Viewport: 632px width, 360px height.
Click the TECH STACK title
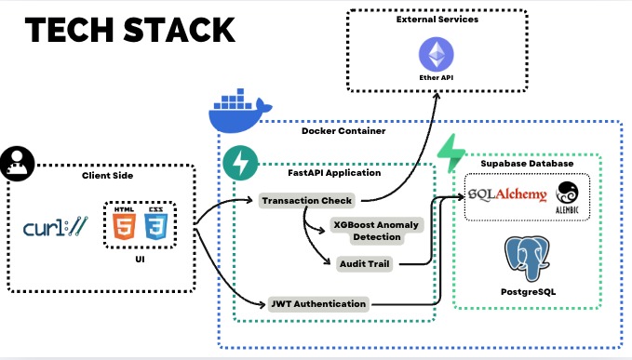pos(130,31)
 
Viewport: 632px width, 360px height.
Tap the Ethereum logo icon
pos(432,51)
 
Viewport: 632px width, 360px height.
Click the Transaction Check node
pos(308,200)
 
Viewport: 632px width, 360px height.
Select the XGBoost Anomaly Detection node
pos(378,229)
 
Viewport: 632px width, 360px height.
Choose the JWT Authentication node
pos(318,303)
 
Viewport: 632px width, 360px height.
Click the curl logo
pos(57,227)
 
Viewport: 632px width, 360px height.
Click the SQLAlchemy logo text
pos(507,193)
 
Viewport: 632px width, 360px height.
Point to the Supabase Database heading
pos(527,164)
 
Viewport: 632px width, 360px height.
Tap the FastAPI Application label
pos(333,172)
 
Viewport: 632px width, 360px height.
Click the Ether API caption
pos(432,78)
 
